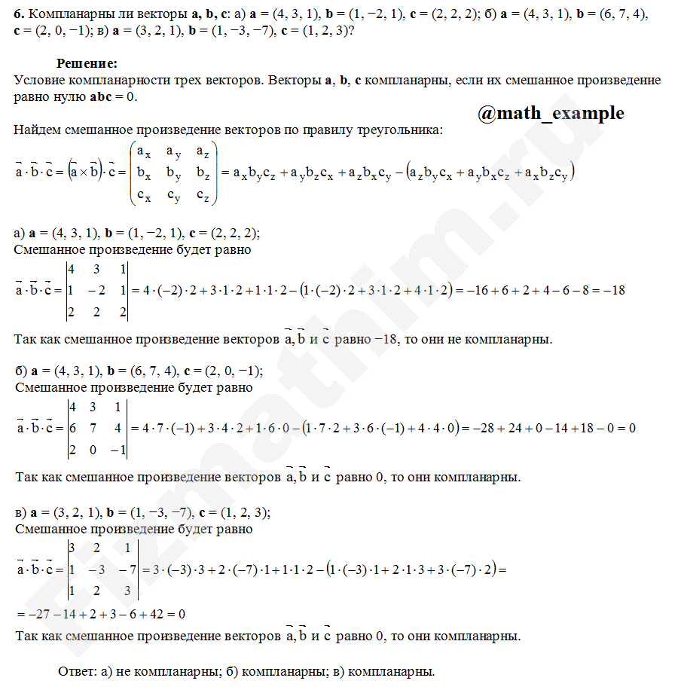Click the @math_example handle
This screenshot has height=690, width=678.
[x=550, y=113]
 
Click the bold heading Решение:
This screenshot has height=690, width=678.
[x=87, y=65]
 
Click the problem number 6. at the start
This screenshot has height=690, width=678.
[x=19, y=14]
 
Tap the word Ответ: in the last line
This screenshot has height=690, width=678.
[x=77, y=671]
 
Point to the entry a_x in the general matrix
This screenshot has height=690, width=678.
[x=143, y=151]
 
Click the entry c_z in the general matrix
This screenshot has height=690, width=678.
[x=201, y=196]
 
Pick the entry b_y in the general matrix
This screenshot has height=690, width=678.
[x=173, y=174]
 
